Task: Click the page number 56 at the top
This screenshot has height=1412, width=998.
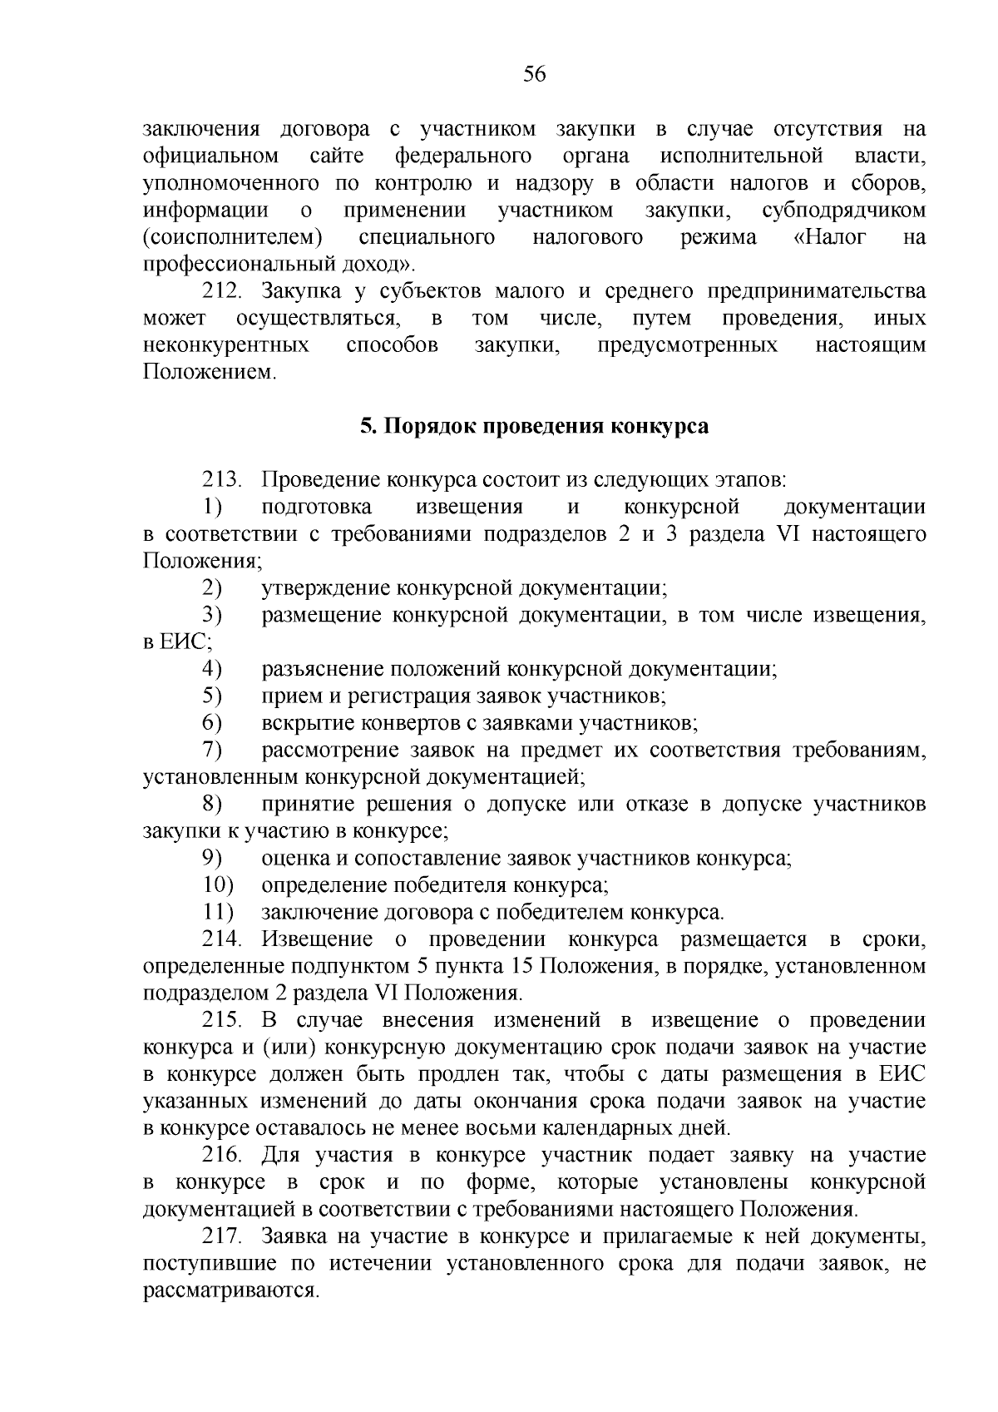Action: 535,75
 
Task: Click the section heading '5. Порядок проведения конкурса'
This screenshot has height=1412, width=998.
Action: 535,427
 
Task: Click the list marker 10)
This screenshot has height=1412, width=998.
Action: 218,885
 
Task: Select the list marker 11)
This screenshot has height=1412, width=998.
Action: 218,913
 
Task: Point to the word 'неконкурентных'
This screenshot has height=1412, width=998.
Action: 226,346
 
